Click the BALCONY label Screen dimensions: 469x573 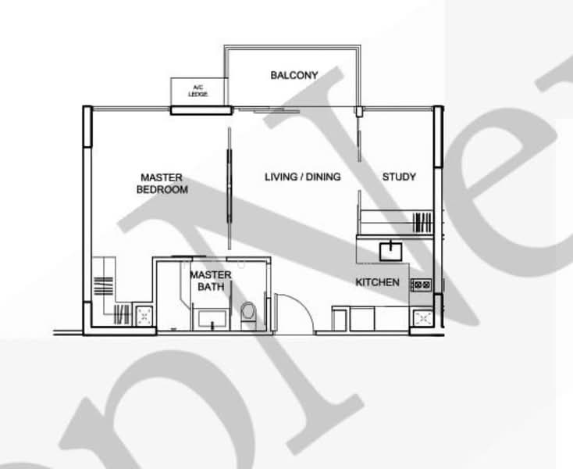point(294,75)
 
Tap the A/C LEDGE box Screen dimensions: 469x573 point(199,91)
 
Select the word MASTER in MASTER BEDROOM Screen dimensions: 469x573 point(162,177)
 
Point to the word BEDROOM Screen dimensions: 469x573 point(162,189)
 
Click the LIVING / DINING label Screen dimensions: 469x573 point(302,177)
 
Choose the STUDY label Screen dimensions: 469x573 point(399,177)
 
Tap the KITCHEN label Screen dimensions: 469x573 point(378,282)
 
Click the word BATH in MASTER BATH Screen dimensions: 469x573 point(211,287)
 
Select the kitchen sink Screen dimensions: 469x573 point(389,251)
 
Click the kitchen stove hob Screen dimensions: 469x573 point(421,285)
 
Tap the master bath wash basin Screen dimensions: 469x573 point(211,318)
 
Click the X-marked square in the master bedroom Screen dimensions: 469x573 point(144,315)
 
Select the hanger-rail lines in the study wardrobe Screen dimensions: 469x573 point(422,222)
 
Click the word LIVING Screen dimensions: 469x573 point(279,177)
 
